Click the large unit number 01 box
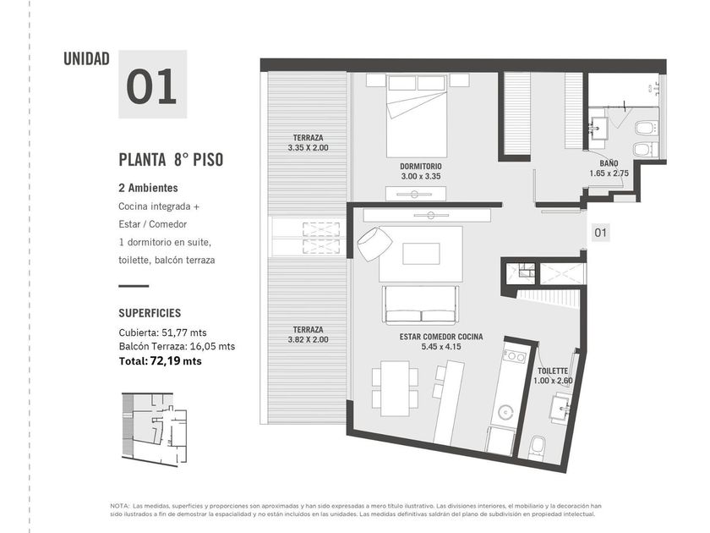153,85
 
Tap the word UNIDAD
86,59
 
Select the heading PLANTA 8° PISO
171,160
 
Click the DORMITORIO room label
421,167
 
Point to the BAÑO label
609,163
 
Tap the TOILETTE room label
553,371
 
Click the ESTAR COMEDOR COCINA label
441,337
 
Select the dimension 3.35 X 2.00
308,148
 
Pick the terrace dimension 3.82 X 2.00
308,339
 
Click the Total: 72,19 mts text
161,361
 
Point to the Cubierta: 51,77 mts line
162,332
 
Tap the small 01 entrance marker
600,233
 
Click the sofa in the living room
421,304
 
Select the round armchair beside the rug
374,244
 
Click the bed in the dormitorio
417,116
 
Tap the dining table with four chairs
395,388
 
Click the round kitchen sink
505,412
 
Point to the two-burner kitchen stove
515,356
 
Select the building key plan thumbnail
155,429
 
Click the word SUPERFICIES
150,313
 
